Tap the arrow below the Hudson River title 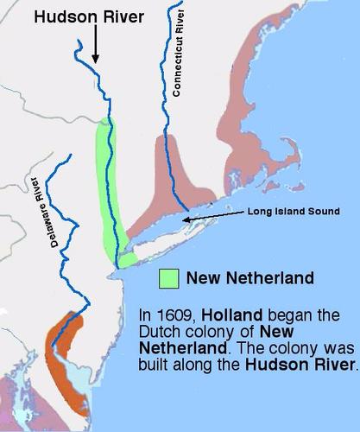[95, 48]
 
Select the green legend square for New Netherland [168, 278]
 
